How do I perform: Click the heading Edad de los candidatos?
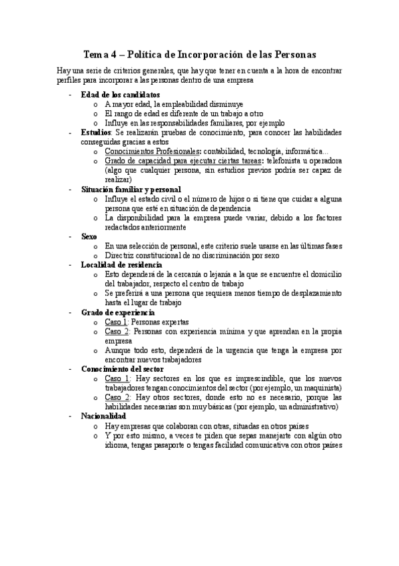[x=120, y=94]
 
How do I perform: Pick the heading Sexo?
[x=89, y=236]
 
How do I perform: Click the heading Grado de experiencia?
[x=117, y=312]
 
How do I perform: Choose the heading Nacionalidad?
[x=103, y=416]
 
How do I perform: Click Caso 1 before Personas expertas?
[x=116, y=322]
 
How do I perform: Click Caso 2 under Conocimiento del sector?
[x=117, y=397]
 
